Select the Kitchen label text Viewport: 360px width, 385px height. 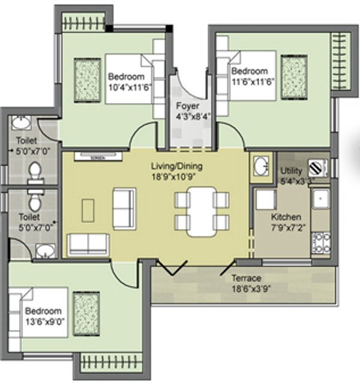286,216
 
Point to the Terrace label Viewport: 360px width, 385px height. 247,278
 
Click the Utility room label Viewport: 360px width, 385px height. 293,170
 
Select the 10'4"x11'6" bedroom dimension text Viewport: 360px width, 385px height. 128,87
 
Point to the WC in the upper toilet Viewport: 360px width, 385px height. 35,170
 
